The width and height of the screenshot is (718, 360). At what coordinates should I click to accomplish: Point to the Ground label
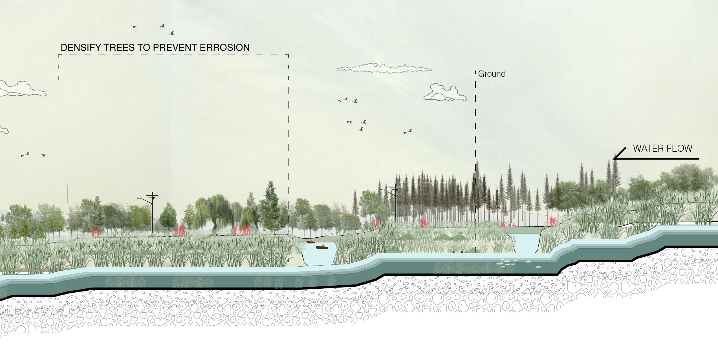tap(492, 74)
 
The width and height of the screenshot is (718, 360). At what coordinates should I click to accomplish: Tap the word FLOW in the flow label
tap(681, 148)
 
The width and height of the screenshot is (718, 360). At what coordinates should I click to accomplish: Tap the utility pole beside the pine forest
tap(395, 203)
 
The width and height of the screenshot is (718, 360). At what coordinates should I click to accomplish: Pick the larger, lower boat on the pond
tap(322, 248)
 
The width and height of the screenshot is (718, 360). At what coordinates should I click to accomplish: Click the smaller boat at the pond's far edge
tap(310, 242)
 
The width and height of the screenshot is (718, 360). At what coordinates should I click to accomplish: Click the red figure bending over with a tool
tap(552, 221)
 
